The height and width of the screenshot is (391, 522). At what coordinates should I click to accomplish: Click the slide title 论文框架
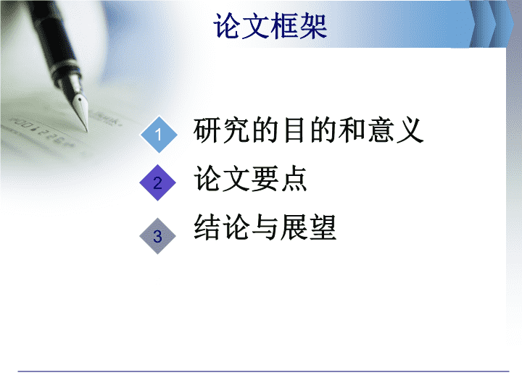pyautogui.click(x=270, y=26)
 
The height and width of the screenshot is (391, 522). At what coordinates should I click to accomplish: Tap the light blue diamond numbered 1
pyautogui.click(x=159, y=135)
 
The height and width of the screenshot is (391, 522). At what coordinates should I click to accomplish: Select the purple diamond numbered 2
pyautogui.click(x=158, y=182)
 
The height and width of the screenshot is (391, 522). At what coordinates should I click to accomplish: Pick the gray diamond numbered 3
pyautogui.click(x=157, y=236)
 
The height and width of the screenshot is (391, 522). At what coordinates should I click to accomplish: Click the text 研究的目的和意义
pyautogui.click(x=308, y=130)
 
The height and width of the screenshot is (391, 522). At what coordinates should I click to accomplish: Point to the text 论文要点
pyautogui.click(x=250, y=179)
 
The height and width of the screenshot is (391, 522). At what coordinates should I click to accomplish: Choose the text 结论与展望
pyautogui.click(x=265, y=227)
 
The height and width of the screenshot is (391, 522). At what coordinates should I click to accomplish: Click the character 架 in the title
pyautogui.click(x=313, y=26)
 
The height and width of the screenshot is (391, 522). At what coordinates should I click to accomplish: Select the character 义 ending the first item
pyautogui.click(x=410, y=130)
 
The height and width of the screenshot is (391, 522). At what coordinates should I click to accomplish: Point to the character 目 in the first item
pyautogui.click(x=294, y=130)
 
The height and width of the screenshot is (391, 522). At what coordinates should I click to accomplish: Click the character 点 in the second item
pyautogui.click(x=294, y=179)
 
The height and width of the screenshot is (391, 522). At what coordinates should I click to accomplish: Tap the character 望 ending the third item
pyautogui.click(x=323, y=227)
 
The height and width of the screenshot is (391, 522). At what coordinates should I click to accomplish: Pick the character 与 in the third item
pyautogui.click(x=265, y=227)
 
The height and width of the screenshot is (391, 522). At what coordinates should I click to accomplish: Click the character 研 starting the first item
pyautogui.click(x=207, y=130)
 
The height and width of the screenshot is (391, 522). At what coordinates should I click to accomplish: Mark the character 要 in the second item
pyautogui.click(x=265, y=179)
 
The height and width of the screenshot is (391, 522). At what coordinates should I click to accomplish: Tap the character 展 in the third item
pyautogui.click(x=294, y=227)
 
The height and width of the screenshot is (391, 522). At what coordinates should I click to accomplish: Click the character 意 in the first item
pyautogui.click(x=381, y=130)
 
